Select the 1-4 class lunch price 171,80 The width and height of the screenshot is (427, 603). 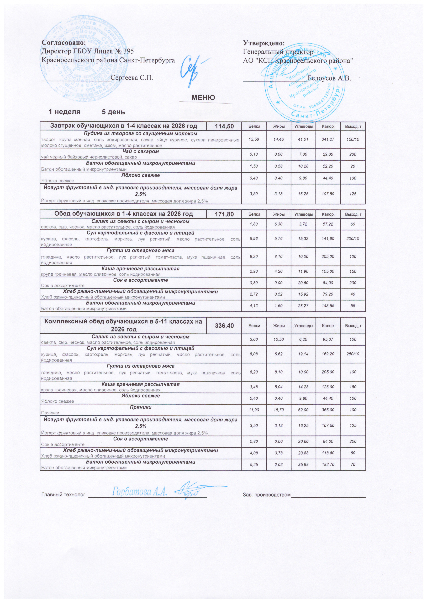point(224,214)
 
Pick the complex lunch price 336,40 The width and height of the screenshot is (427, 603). point(224,326)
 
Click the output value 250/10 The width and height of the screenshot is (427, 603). point(353,354)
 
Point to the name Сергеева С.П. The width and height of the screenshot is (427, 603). point(132,78)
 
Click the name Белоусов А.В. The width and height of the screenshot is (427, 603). point(329,78)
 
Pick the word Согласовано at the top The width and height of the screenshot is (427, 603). point(64,42)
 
